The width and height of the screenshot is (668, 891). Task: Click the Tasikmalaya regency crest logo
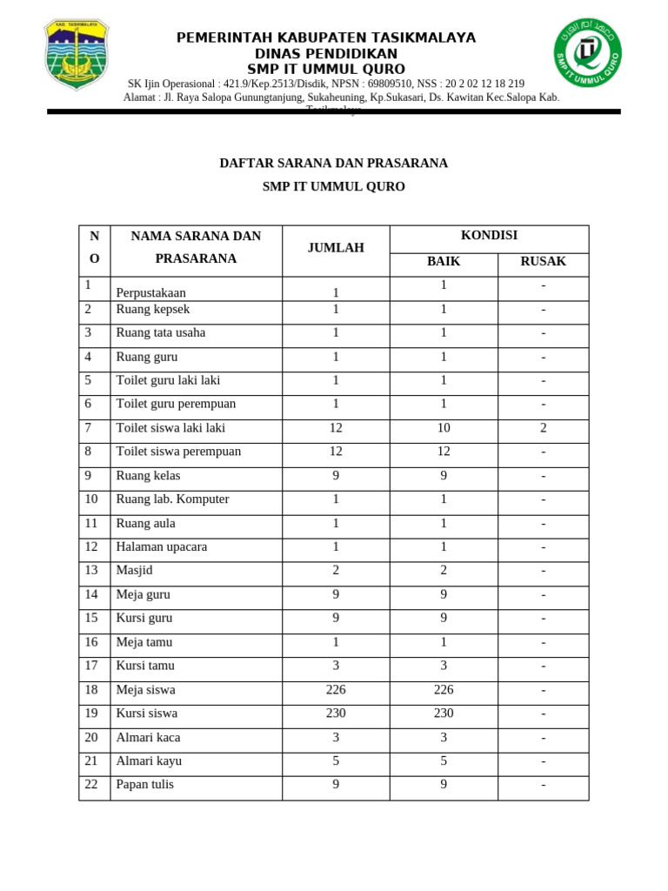point(77,55)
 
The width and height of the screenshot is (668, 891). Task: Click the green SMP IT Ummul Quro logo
point(588,53)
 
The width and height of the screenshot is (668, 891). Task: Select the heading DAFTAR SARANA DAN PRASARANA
point(334,163)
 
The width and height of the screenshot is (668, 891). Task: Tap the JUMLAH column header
point(336,248)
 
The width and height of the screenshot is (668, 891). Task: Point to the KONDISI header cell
point(489,236)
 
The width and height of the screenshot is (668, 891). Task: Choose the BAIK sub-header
point(444,261)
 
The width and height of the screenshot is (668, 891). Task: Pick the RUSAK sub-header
point(543,261)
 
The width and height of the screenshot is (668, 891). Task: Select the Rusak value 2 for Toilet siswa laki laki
point(543,428)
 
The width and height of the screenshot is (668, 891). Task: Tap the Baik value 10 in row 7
point(444,428)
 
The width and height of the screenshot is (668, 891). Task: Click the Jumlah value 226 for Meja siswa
point(336,690)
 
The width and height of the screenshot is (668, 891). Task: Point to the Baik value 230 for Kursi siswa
point(444,713)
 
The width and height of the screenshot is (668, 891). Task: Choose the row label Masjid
point(135,571)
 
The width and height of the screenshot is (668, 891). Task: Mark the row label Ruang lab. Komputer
point(173,499)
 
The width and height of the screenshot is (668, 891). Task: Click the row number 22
point(91,784)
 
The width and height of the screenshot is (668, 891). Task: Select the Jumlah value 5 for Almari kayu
point(336,761)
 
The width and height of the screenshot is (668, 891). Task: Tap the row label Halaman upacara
point(162,547)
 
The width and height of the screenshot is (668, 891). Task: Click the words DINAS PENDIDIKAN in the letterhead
point(326,54)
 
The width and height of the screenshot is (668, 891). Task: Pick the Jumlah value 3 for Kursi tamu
point(336,667)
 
